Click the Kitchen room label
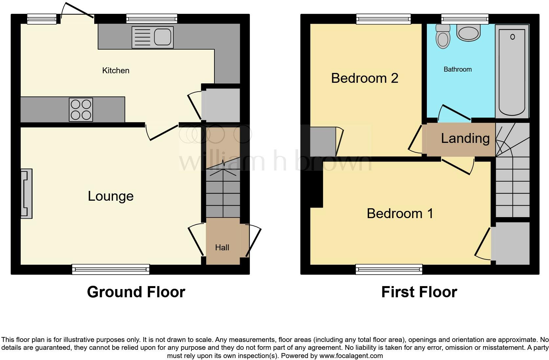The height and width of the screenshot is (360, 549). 116,70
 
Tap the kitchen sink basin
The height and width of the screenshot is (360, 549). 162,37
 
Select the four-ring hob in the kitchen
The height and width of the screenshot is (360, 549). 81,110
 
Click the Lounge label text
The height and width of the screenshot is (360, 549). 111,196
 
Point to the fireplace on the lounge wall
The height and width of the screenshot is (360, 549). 27,194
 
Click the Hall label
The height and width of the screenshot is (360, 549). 222,248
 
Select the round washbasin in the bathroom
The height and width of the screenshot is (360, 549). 469,33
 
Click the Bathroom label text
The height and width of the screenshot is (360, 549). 457,69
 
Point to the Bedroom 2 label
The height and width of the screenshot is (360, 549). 364,78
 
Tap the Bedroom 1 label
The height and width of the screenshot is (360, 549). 400,214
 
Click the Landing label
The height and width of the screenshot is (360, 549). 465,138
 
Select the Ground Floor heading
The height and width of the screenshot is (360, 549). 136,292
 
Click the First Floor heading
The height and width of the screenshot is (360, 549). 419,292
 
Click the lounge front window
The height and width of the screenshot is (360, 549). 111,269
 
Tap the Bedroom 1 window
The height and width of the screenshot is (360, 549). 389,269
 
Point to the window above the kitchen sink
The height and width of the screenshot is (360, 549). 152,19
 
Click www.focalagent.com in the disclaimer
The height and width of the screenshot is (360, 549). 351,355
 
